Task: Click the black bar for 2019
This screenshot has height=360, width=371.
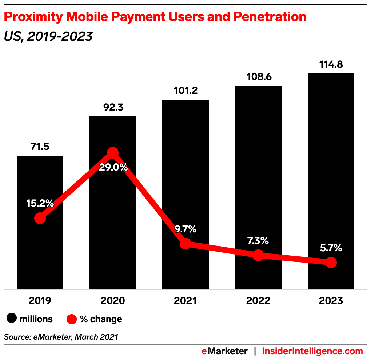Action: click(40, 255)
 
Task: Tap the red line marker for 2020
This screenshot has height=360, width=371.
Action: click(113, 153)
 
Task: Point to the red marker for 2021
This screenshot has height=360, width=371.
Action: click(185, 244)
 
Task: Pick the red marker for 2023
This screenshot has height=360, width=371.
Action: click(331, 262)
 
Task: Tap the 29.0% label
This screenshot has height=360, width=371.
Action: click(113, 168)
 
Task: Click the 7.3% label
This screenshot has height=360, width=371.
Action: click(258, 240)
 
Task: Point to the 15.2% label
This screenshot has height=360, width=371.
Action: click(40, 203)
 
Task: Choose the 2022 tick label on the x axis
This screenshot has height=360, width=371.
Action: click(258, 301)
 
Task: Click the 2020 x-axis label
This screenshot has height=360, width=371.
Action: click(113, 301)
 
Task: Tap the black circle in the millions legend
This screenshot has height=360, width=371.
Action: click(12, 319)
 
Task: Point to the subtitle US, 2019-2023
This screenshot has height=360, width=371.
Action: click(48, 36)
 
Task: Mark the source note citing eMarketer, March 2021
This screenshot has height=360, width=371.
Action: click(61, 337)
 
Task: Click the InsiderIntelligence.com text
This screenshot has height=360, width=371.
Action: click(312, 351)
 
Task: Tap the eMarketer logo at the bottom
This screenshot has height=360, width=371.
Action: click(225, 351)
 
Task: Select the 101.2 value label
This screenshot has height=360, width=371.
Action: click(185, 91)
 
